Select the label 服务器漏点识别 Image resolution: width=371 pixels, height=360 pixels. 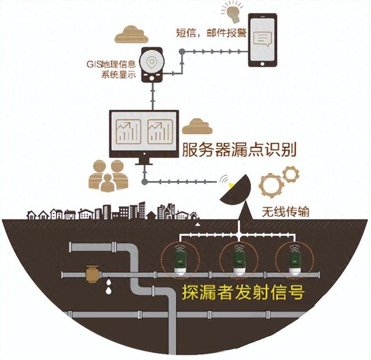click(x=239, y=150)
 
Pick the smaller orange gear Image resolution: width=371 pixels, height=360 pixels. click(x=291, y=174)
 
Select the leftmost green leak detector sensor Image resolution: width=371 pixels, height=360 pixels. click(x=181, y=262)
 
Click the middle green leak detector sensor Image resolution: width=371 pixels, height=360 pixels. click(x=239, y=262)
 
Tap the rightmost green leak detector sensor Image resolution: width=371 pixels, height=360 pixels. click(x=295, y=262)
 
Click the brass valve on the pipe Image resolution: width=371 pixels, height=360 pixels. click(x=92, y=274)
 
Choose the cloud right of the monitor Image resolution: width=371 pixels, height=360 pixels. click(x=197, y=126)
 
